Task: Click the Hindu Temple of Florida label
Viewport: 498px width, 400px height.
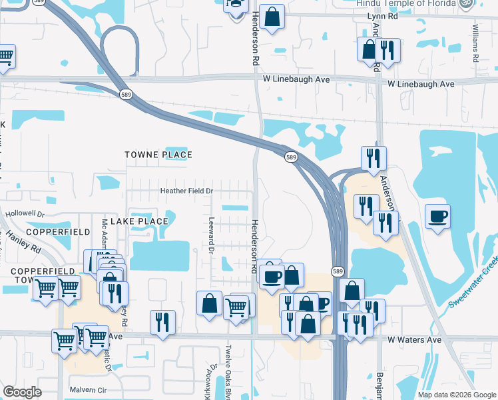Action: click(x=406, y=3)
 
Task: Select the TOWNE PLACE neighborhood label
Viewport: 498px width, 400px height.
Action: click(x=158, y=155)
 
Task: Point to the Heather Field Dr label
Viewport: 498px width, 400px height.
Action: click(x=186, y=191)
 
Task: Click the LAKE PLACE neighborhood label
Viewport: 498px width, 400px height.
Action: click(x=140, y=221)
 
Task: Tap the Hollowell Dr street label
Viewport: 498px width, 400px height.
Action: click(x=24, y=215)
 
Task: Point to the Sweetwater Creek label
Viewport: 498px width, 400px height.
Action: click(x=473, y=283)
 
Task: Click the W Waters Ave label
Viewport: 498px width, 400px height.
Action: click(x=416, y=339)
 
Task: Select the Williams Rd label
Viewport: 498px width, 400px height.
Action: click(x=476, y=44)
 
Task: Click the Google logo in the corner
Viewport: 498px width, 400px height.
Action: click(x=23, y=392)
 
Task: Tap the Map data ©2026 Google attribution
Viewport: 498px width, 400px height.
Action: click(x=456, y=395)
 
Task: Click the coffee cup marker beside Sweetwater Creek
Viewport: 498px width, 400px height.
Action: click(x=438, y=216)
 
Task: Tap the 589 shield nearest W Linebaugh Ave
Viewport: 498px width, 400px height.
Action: click(x=126, y=95)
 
